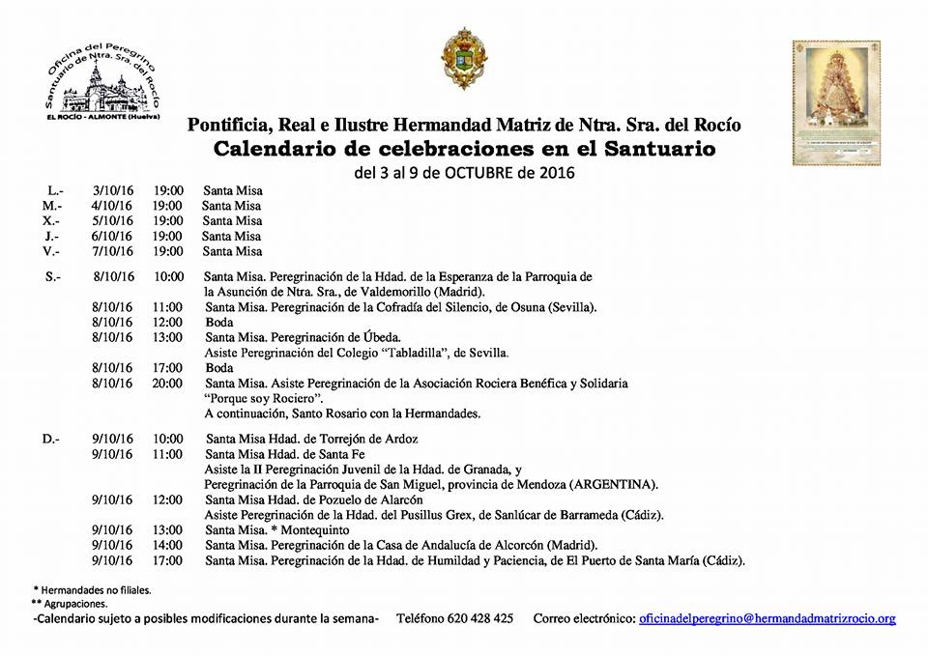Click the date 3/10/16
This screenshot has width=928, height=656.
[110, 190]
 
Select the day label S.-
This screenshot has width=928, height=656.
[52, 276]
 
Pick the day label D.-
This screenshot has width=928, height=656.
[51, 439]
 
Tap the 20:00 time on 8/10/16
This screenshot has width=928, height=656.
[167, 384]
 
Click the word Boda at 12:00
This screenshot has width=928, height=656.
[219, 322]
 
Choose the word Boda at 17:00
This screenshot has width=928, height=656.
[219, 368]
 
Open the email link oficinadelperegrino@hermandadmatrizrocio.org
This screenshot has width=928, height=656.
[768, 618]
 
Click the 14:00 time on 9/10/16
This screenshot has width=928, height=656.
[167, 545]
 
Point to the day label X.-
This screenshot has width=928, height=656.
[52, 221]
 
